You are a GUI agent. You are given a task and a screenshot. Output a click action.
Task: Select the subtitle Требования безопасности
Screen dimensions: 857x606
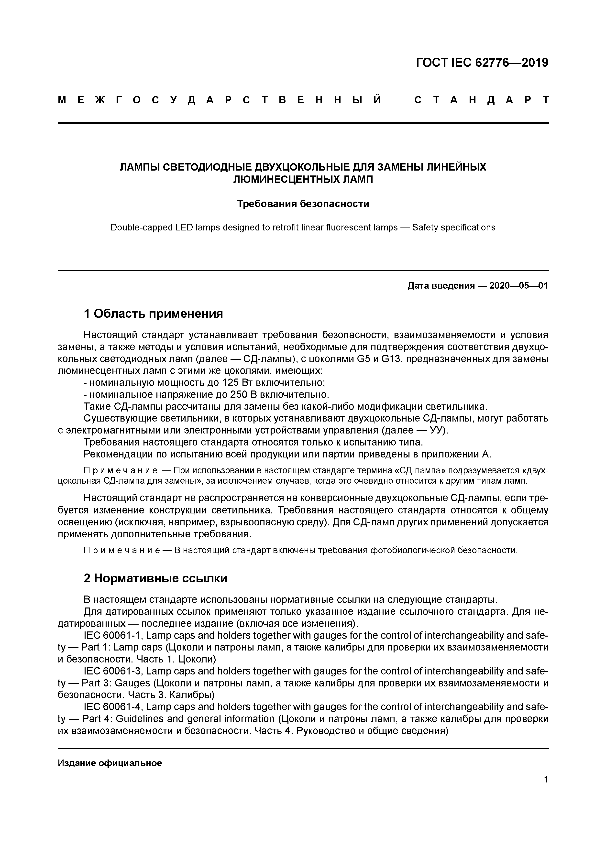pos(303,204)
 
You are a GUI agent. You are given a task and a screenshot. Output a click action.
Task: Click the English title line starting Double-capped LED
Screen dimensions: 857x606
pos(303,227)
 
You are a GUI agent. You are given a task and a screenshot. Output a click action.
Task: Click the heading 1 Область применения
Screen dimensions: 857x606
pos(154,314)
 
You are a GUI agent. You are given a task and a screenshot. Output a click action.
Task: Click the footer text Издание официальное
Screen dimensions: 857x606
pos(110,763)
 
